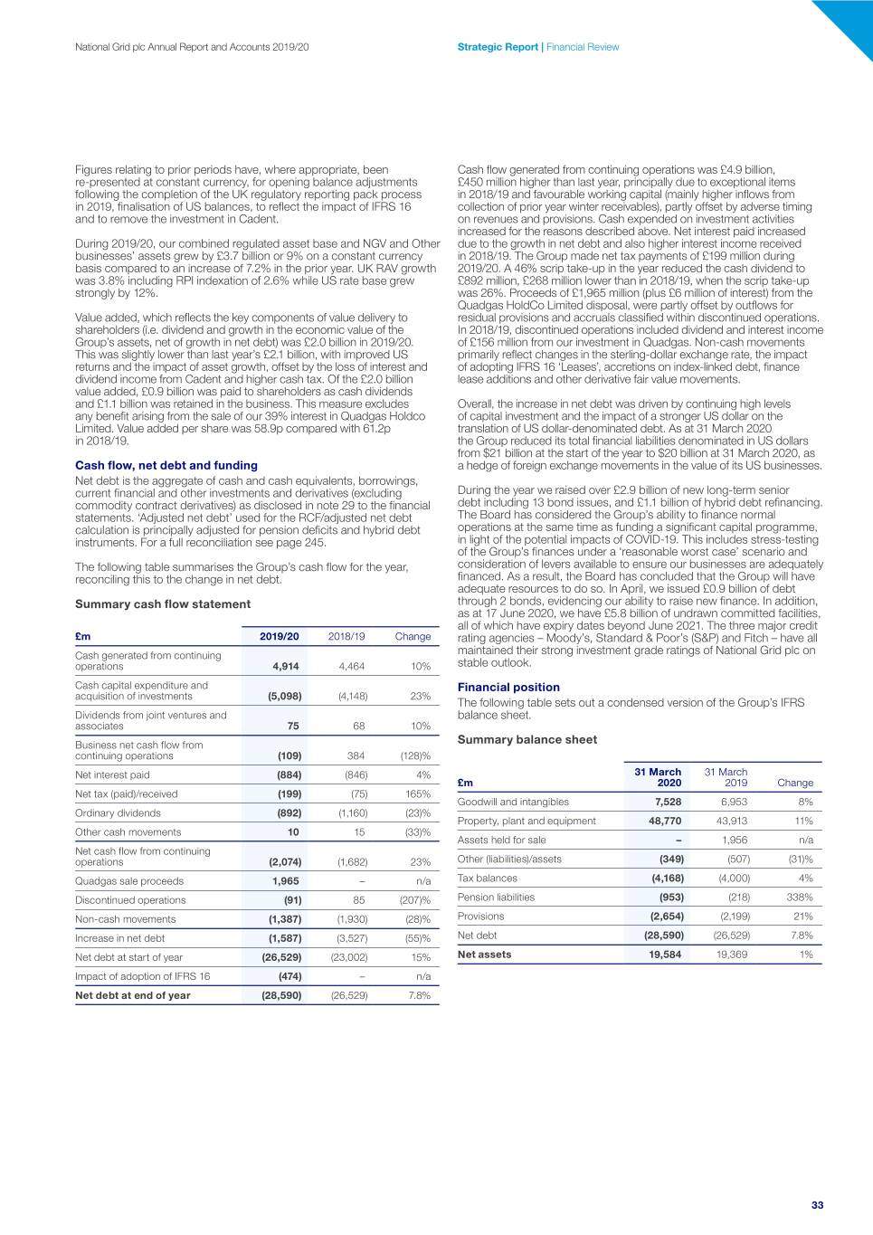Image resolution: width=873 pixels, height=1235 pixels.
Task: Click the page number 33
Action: click(x=817, y=1205)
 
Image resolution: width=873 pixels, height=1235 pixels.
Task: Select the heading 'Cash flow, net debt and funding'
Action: click(x=166, y=465)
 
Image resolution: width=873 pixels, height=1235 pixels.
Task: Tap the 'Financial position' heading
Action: click(x=508, y=687)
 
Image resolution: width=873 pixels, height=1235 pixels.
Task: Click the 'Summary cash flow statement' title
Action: click(x=163, y=603)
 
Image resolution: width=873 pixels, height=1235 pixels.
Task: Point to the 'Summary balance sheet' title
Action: click(x=527, y=739)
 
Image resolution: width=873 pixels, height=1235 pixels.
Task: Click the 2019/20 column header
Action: click(x=279, y=636)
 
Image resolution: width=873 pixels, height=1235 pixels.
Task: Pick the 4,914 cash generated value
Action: click(x=286, y=666)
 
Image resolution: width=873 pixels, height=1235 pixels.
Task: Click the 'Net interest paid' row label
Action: click(x=112, y=774)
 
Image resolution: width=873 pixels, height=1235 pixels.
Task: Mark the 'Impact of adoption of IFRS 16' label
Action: click(x=142, y=976)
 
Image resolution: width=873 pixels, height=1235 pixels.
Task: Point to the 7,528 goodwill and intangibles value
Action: click(x=668, y=802)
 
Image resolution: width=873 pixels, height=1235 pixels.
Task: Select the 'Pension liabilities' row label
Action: click(x=496, y=897)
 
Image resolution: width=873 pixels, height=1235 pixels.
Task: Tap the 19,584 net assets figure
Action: click(x=665, y=954)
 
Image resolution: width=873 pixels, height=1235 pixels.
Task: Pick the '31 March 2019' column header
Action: click(x=726, y=777)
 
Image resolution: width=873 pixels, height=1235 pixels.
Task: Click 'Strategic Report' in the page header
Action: click(x=498, y=47)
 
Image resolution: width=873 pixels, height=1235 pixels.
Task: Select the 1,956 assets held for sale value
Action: click(x=734, y=840)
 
